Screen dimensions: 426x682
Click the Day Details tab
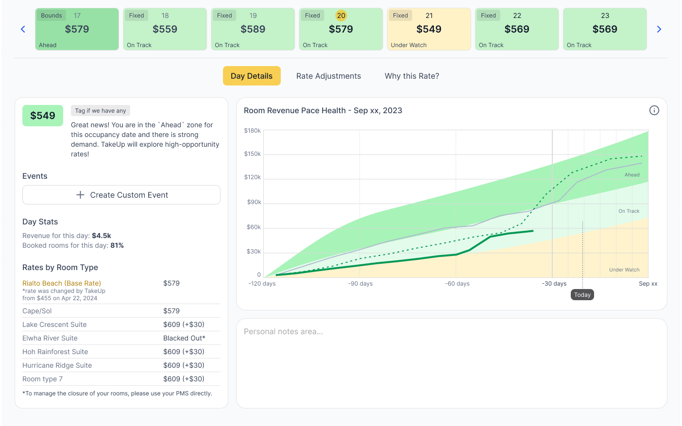coord(252,76)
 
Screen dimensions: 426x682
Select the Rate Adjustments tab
coord(328,76)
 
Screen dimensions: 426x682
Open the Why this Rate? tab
coord(411,76)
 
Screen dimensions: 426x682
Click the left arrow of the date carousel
coord(23,29)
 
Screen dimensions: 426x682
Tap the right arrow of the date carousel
coord(659,29)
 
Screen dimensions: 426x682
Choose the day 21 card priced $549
coord(429,29)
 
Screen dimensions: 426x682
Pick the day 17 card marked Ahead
coord(77,29)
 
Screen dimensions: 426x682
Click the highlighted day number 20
coord(341,16)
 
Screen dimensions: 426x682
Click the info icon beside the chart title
coord(654,110)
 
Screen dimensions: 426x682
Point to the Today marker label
coord(582,295)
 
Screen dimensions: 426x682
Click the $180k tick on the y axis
coord(253,131)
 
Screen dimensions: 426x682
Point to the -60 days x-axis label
coord(457,284)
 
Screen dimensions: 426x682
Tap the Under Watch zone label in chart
coord(624,270)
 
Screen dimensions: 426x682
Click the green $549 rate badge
coord(43,116)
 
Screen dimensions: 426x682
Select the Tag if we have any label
coord(101,111)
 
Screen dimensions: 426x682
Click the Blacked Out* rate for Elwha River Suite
coord(184,338)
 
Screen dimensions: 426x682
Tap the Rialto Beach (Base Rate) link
coord(62,283)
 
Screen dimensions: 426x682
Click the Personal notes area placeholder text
coord(283,332)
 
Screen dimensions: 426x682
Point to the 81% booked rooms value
coord(117,245)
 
